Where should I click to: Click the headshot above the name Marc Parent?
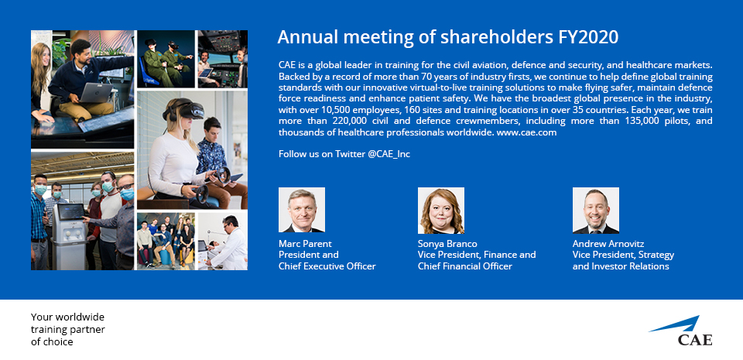click(302, 211)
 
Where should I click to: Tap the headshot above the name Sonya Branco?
click(441, 211)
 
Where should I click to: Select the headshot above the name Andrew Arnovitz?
click(596, 211)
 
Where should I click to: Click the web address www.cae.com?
click(526, 132)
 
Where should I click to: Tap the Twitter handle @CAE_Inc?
click(389, 154)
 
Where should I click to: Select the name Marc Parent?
click(305, 244)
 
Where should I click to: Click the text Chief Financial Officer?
click(465, 266)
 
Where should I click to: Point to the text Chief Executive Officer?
click(327, 266)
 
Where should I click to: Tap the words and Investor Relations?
click(621, 266)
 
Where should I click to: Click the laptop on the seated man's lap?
click(95, 93)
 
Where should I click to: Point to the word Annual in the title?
click(301, 37)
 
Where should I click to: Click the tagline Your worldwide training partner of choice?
click(68, 329)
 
